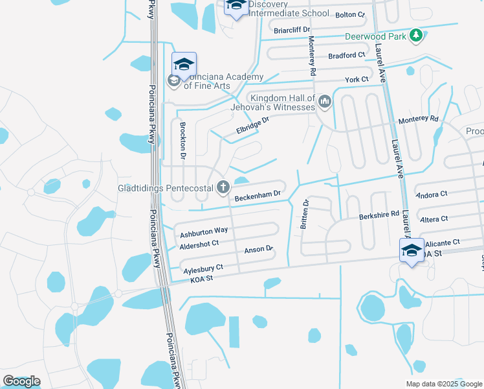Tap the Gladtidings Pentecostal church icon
point(223,188)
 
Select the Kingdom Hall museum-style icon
point(325,100)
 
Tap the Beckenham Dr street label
point(258,194)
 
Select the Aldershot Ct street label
point(199,243)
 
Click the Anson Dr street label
point(259,249)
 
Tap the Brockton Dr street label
point(182,139)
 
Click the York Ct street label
point(357,79)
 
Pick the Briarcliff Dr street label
point(292,30)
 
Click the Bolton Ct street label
point(351,14)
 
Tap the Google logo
point(21,381)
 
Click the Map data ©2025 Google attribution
point(444,384)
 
